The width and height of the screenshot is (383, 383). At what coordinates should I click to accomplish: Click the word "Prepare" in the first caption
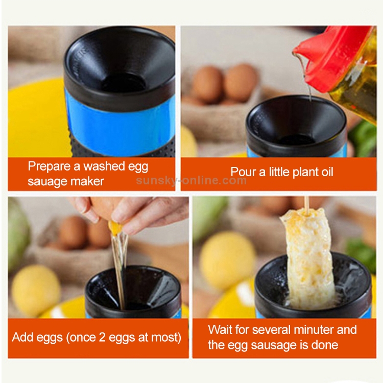[49, 167]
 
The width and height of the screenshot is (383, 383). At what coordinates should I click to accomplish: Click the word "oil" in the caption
[327, 172]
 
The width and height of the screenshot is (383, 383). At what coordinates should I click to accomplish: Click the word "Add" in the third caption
[22, 338]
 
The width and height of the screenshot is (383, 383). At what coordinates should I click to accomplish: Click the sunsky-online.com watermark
[192, 180]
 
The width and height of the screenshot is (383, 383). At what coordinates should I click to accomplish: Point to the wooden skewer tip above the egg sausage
[306, 198]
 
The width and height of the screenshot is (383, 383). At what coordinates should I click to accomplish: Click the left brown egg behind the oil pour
[208, 84]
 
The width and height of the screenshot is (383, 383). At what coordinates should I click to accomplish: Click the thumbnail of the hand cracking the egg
[98, 257]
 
